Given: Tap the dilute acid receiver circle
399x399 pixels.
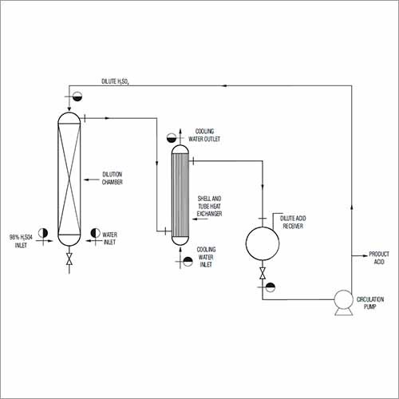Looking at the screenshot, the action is point(263,243).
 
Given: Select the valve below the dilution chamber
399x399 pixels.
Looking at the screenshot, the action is point(69,259).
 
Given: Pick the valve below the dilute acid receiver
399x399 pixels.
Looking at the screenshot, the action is point(263,273).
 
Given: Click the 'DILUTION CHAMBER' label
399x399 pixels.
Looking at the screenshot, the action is point(113,178).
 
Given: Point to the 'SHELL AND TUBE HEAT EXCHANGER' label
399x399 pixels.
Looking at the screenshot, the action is point(209,206).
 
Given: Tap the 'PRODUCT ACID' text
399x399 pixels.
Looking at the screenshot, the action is point(379,258).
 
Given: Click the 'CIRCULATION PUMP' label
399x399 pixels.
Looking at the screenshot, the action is point(370,303).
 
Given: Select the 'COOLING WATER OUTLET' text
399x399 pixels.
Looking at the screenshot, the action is point(204,135).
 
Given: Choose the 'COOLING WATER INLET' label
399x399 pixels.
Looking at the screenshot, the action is point(206,257).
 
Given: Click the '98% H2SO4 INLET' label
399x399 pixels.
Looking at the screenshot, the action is point(21,241).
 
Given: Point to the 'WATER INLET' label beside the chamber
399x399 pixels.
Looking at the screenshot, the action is point(109,239).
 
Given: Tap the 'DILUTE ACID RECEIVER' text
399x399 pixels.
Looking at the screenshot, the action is point(293,222).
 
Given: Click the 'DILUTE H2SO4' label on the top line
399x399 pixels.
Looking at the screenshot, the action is point(115,81).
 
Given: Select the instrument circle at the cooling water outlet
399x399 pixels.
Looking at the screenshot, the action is point(172,138).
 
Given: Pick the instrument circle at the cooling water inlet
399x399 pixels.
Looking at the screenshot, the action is point(188,262).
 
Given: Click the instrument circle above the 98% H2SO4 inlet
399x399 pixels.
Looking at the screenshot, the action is point(43,233).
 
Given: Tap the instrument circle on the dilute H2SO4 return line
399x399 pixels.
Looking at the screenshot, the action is point(77,97).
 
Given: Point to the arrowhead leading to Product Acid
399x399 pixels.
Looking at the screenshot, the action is point(365,255).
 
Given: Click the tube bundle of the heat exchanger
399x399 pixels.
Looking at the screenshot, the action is point(180,195).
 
